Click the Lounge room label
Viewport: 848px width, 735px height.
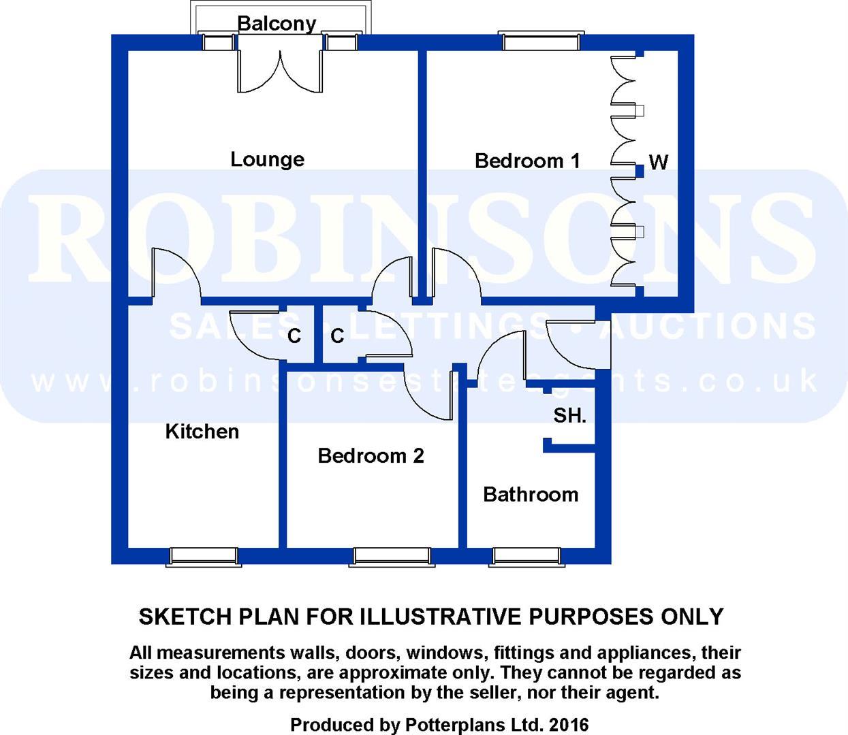(x=267, y=159)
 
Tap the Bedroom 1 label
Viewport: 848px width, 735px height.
(x=527, y=161)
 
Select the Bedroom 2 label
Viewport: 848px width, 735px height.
(x=371, y=455)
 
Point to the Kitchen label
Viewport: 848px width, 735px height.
(x=202, y=431)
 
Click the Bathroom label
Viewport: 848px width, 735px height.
(x=530, y=494)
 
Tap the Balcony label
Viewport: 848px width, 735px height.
(x=277, y=23)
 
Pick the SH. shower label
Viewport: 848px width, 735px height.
(x=569, y=415)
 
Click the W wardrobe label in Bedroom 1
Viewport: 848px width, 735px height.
(x=658, y=162)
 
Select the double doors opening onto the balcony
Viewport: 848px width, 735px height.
(x=279, y=71)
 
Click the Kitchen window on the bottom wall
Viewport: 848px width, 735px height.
(x=203, y=556)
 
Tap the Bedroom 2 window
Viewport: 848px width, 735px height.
(x=391, y=556)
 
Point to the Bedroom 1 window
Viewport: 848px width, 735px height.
(x=541, y=41)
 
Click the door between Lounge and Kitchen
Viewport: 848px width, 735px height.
(x=175, y=276)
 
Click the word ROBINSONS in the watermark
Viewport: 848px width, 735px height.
(x=422, y=235)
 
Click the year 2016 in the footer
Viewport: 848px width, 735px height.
(x=567, y=725)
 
